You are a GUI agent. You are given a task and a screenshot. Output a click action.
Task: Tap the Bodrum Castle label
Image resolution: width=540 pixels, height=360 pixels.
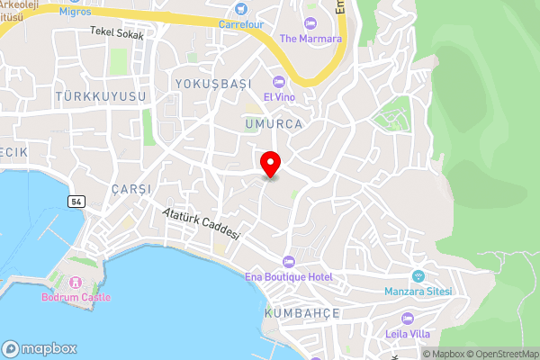pos(76,297)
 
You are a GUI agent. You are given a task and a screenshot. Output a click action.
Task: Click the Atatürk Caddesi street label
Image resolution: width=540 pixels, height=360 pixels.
pos(202,223)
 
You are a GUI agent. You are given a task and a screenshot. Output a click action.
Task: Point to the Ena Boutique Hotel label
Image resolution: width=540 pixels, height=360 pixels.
pos(289,275)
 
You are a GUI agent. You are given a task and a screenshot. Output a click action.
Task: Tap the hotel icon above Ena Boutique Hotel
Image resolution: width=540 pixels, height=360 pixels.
pos(288,261)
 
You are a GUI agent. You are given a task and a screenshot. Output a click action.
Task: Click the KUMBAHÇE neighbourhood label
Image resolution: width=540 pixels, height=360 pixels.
pos(301,312)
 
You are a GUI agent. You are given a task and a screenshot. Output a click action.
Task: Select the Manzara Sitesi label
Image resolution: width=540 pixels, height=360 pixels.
pos(418,291)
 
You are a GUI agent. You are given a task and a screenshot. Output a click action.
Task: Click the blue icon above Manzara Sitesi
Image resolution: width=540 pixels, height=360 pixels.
pos(418,275)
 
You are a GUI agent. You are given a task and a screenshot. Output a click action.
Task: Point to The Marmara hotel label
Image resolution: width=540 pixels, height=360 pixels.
pos(310,38)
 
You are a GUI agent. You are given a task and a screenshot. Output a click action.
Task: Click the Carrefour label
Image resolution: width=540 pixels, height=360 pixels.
pos(241,24)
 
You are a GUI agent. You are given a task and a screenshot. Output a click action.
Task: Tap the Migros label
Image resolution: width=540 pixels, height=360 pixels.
pos(76,13)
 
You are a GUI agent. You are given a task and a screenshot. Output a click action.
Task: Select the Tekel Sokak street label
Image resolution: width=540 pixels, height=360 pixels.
pos(117,32)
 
